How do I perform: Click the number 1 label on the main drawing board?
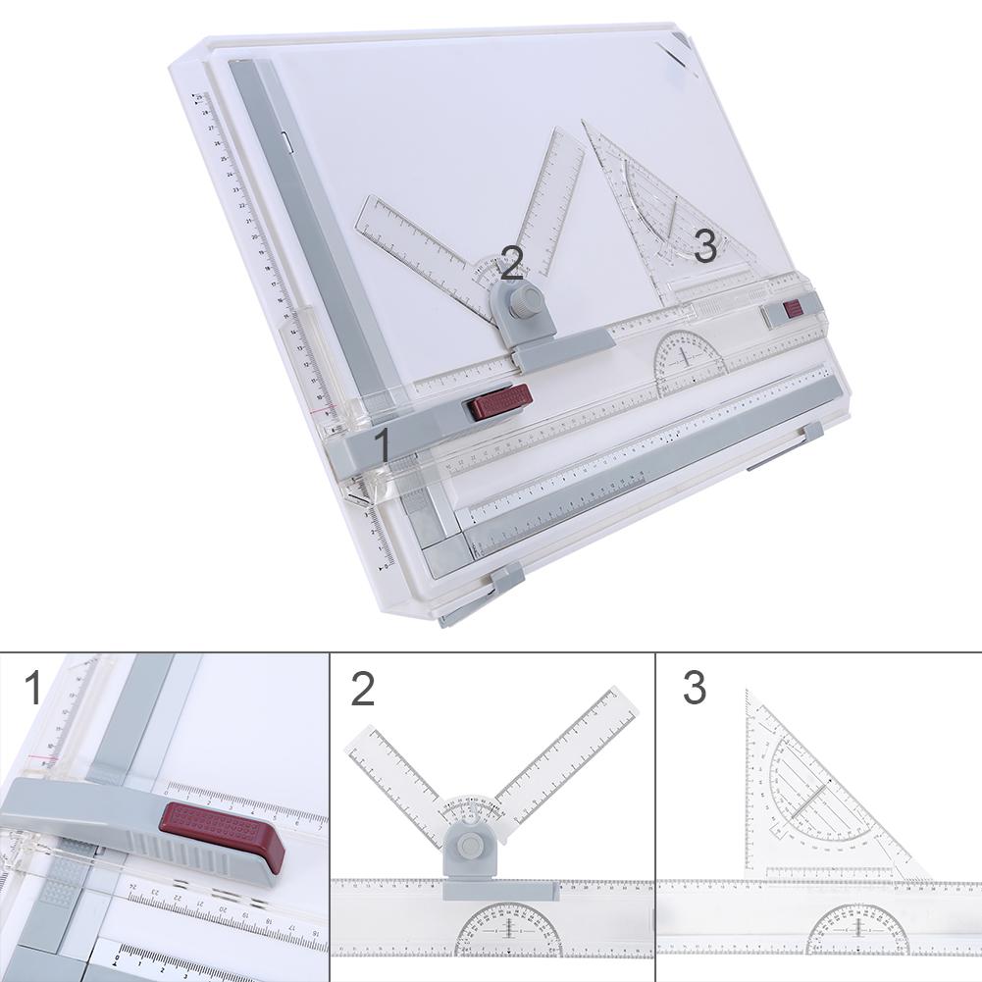[383, 443]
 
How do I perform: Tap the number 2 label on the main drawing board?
[511, 263]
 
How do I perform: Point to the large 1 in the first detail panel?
[33, 688]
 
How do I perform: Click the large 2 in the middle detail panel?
[363, 688]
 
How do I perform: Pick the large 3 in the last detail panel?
[694, 688]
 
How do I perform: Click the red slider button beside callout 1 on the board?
[500, 402]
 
